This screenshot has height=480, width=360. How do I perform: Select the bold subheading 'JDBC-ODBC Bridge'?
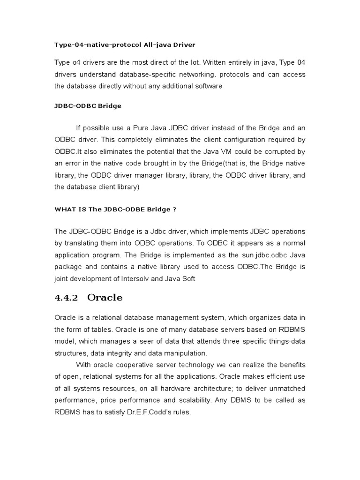coord(88,106)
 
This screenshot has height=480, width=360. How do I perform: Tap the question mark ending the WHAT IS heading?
coord(174,210)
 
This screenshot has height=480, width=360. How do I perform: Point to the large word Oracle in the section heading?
coord(105,298)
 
